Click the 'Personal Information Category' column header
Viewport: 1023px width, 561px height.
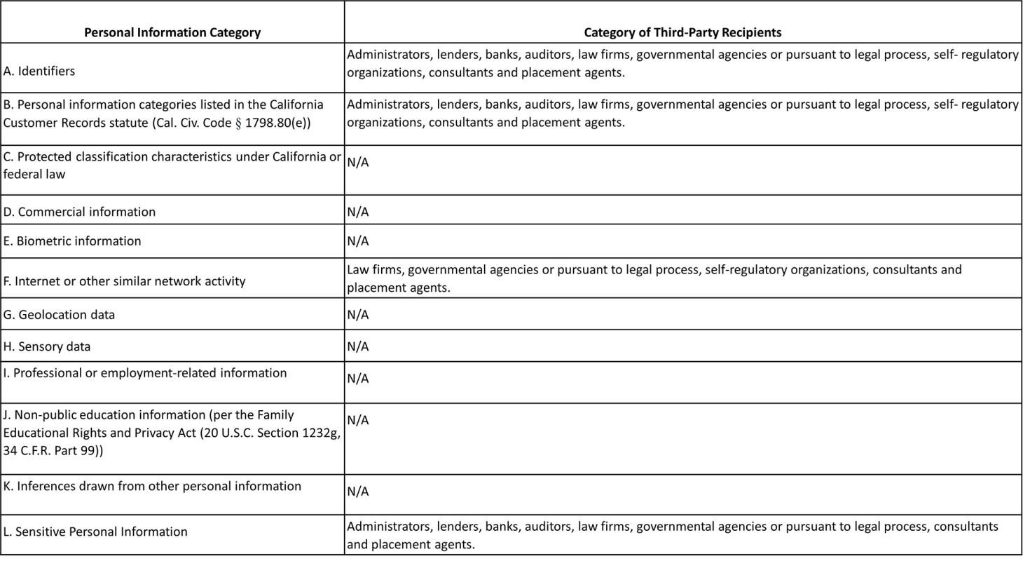pyautogui.click(x=172, y=32)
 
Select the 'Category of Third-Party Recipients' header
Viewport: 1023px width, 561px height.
pyautogui.click(x=682, y=32)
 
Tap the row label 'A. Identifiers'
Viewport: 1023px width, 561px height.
pyautogui.click(x=39, y=71)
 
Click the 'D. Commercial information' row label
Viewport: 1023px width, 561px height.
pyautogui.click(x=79, y=212)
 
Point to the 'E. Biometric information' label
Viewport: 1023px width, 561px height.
pyautogui.click(x=72, y=241)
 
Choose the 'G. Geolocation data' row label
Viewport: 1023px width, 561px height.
pyautogui.click(x=59, y=315)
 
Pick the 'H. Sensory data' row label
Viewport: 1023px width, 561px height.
pyautogui.click(x=47, y=346)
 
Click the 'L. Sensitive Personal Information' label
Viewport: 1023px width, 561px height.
pyautogui.click(x=95, y=532)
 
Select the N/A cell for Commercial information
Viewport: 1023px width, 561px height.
pyautogui.click(x=357, y=212)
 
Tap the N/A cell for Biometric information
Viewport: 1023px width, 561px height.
pyautogui.click(x=357, y=241)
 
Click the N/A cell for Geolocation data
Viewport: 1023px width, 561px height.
pyautogui.click(x=357, y=315)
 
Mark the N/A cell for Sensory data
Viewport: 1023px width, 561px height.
pyautogui.click(x=357, y=346)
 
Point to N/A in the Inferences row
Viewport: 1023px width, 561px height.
pyautogui.click(x=357, y=491)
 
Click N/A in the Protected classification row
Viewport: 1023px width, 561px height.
pyautogui.click(x=357, y=162)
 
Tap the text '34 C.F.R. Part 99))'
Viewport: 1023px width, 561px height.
pyautogui.click(x=53, y=450)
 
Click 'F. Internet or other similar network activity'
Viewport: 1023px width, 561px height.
pyautogui.click(x=124, y=281)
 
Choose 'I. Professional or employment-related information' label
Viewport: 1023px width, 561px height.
pyautogui.click(x=145, y=373)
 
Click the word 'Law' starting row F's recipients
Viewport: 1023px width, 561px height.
pyautogui.click(x=359, y=269)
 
